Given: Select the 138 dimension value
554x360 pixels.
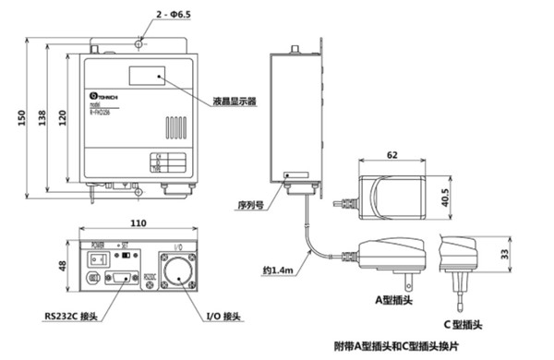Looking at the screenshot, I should coord(43,119).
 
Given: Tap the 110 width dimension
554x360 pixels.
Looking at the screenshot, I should coord(138,223).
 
